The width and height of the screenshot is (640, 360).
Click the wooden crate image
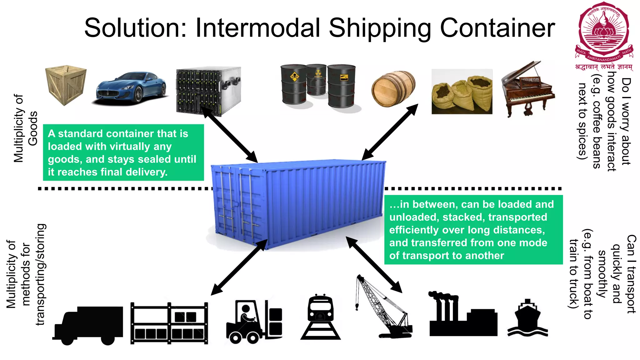66,85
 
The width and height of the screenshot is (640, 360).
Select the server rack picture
208,91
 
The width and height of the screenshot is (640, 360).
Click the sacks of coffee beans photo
462,92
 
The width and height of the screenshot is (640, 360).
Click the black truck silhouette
88,325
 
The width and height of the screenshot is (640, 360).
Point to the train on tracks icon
320,317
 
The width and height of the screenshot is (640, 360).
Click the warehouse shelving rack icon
169,323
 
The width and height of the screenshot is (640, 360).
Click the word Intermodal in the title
258,28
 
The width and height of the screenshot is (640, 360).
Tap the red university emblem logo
604,33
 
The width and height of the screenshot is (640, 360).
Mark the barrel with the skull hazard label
294,84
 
